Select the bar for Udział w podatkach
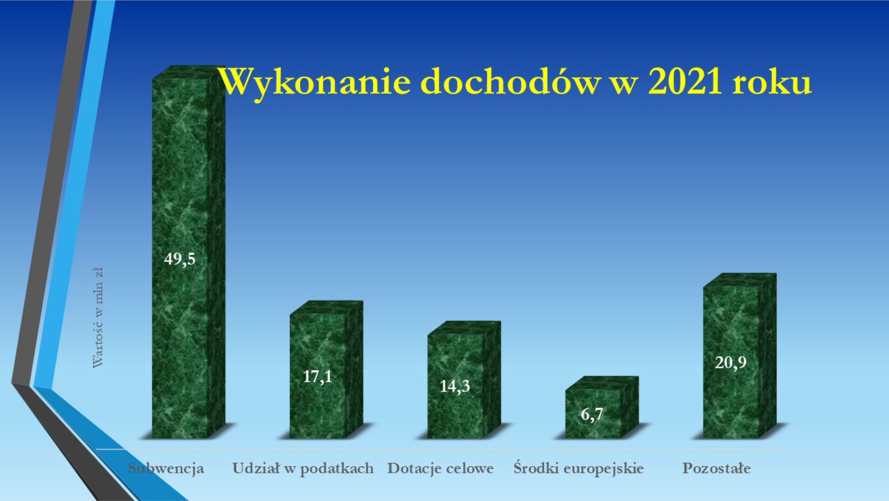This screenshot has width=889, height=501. [326, 370]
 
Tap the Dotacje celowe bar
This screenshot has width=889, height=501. [464, 380]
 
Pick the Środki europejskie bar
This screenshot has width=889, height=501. [602, 407]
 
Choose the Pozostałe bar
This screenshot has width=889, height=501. [740, 356]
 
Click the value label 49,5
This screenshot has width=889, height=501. [180, 259]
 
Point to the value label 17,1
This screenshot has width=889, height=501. [317, 377]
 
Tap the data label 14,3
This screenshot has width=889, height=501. [455, 386]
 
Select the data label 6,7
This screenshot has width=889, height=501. [592, 414]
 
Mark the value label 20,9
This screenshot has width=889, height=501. [730, 363]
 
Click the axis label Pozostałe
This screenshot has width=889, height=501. [716, 468]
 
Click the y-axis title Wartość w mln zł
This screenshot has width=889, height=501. [98, 317]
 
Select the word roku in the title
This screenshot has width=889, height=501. [772, 82]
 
